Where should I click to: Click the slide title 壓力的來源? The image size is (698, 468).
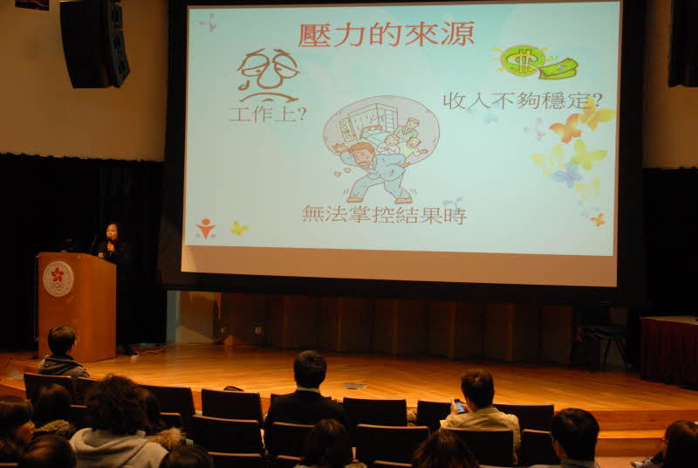[x=386, y=34]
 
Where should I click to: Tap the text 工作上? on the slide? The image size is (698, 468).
[x=268, y=114]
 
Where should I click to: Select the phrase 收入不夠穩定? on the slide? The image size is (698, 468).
[x=523, y=100]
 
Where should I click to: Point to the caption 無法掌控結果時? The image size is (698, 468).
[x=384, y=215]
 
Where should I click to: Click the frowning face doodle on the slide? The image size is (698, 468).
[x=268, y=75]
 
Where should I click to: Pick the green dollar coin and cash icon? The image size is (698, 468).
[x=537, y=62]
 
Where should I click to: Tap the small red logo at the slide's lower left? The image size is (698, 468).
[x=206, y=228]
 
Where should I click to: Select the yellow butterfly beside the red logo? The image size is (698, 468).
[x=239, y=229]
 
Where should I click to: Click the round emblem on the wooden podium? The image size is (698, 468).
[x=58, y=279]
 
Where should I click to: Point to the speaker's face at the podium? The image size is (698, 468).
[x=112, y=232]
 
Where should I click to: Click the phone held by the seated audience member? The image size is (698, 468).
[x=460, y=406]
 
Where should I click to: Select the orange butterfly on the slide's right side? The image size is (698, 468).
[x=565, y=127]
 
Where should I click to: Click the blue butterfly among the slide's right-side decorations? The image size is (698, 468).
[x=566, y=175]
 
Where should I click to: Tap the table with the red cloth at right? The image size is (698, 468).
[x=669, y=350]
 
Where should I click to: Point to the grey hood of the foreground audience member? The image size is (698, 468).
[x=118, y=447]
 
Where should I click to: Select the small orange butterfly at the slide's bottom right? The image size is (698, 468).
[x=598, y=219]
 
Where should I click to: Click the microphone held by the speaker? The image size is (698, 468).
[x=110, y=245]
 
